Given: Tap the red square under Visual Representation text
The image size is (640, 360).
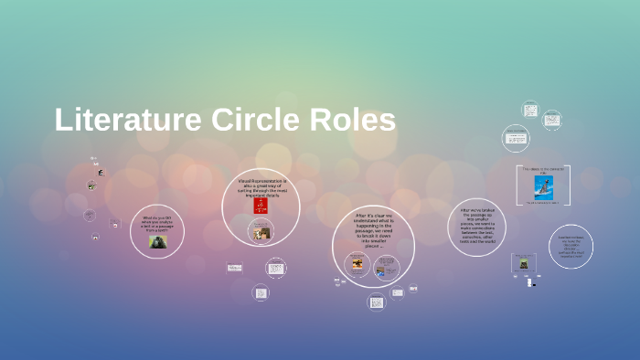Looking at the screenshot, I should (261, 206).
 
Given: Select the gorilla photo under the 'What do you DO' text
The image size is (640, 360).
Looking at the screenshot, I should (157, 242).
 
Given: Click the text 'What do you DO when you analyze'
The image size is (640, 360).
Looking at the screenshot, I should (157, 224).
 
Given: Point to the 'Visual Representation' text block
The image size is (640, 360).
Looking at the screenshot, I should (261, 186).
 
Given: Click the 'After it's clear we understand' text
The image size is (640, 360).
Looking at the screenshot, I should (373, 230).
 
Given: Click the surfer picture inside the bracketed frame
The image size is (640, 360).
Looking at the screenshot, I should (545, 187).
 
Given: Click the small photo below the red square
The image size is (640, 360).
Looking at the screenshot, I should (261, 233).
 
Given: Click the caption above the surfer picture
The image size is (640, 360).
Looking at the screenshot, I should (545, 169).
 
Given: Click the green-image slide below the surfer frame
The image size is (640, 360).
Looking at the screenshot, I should (524, 263).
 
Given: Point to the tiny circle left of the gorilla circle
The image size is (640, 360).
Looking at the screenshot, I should (90, 217).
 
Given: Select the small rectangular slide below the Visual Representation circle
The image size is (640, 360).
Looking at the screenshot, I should (235, 268).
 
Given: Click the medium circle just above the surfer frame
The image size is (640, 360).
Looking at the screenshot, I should (516, 138).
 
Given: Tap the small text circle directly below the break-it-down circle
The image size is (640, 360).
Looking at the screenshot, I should (377, 301).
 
